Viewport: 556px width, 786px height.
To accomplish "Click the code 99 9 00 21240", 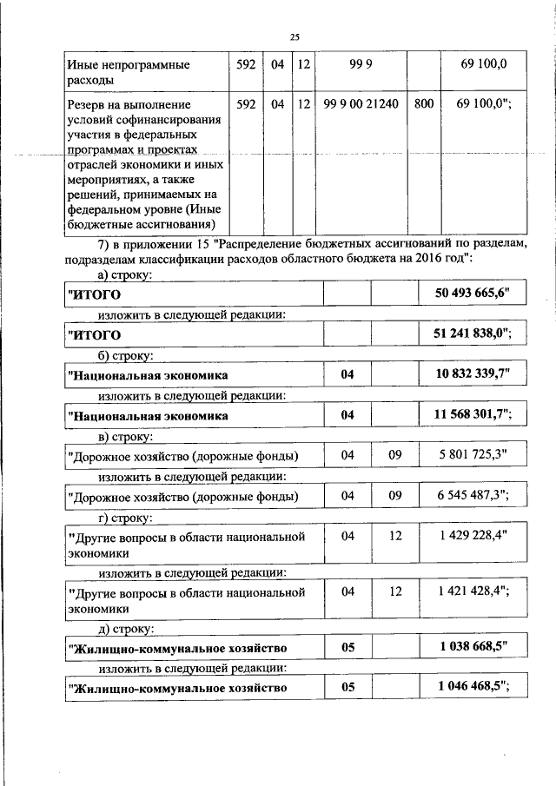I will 361,104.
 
